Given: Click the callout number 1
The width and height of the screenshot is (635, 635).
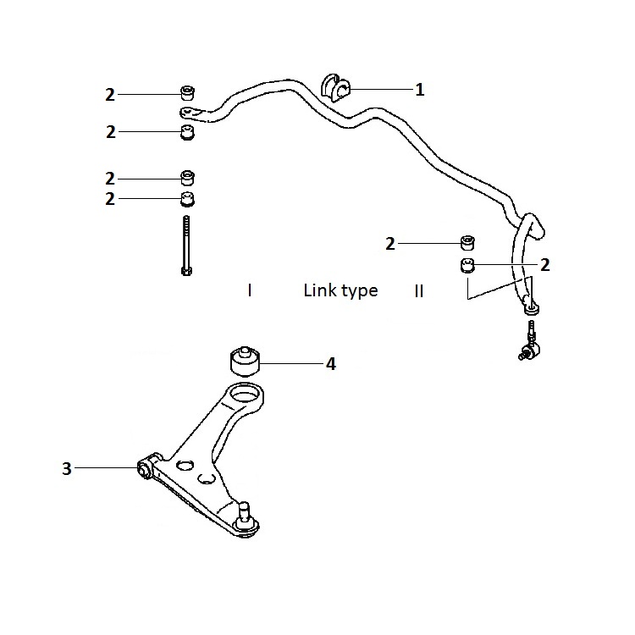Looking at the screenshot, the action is click(x=420, y=90).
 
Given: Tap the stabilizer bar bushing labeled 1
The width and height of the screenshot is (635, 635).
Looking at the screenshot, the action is click(x=335, y=88).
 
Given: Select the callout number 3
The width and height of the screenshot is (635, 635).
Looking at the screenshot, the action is click(x=67, y=468).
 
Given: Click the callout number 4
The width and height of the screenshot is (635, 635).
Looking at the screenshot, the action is click(x=331, y=364).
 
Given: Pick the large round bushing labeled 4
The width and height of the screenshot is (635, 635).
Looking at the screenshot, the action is click(x=245, y=362).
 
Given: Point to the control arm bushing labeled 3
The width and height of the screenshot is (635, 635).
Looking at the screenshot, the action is click(x=144, y=469).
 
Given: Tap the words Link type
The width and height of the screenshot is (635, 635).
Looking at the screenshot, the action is click(x=340, y=290).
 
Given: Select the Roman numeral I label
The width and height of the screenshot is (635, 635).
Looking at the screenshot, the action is click(x=250, y=290).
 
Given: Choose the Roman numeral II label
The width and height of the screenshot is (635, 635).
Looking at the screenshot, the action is click(x=419, y=291).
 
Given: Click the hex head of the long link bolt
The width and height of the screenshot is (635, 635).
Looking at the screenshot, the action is click(x=186, y=270).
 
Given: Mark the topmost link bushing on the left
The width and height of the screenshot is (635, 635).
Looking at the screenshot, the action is click(x=187, y=93).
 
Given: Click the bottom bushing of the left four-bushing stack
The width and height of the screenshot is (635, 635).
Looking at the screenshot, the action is click(x=187, y=198).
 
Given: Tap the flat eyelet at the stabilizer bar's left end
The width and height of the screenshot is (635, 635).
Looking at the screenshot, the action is click(x=191, y=113).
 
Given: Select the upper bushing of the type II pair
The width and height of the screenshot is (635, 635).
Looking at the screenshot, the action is click(x=467, y=242).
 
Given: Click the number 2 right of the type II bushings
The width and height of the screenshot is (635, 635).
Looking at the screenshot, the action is click(x=545, y=265).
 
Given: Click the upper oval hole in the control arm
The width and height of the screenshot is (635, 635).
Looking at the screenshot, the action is click(x=185, y=465).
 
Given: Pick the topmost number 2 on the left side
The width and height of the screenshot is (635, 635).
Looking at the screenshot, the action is click(x=110, y=95).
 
